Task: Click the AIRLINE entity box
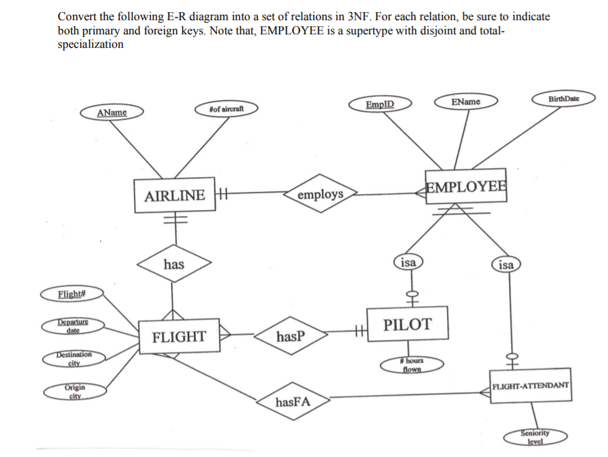174,195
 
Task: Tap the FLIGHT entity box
178,337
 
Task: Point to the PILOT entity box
407,324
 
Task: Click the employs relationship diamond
320,195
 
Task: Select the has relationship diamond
174,265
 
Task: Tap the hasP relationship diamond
290,335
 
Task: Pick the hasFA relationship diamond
293,402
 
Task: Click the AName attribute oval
112,112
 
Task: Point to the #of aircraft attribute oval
226,109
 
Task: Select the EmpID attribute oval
380,104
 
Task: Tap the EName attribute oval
466,102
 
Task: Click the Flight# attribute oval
71,293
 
